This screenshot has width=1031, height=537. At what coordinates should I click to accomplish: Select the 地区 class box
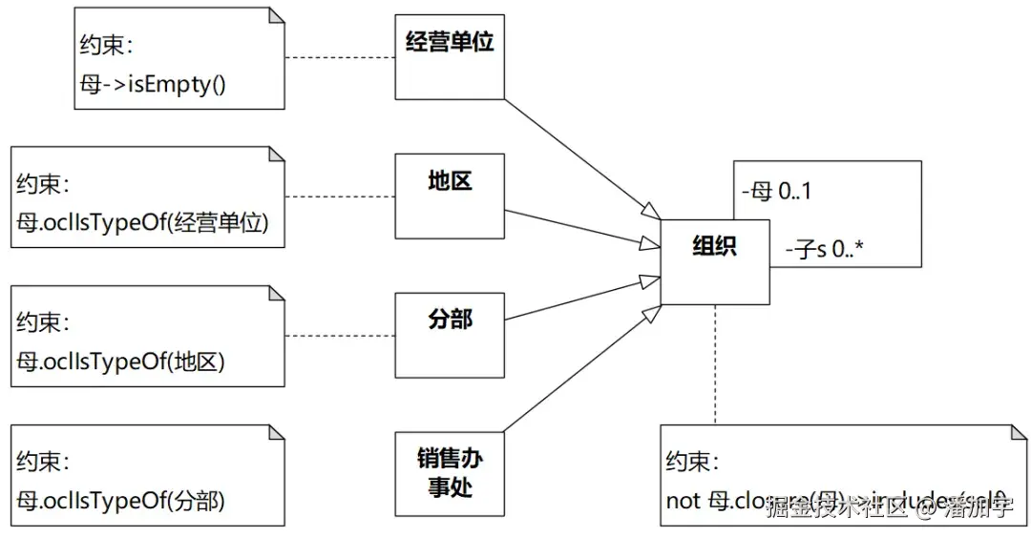(x=450, y=196)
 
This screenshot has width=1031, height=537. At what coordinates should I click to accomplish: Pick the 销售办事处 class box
(x=450, y=474)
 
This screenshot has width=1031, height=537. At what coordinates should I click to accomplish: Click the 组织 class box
(x=714, y=261)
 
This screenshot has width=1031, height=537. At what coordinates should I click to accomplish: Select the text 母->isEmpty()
(x=153, y=84)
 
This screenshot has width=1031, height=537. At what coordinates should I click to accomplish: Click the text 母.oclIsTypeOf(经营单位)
(x=143, y=222)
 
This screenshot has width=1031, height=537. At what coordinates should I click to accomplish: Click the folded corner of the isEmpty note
(x=276, y=15)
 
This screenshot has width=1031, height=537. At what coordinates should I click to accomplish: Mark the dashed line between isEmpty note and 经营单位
(x=340, y=57)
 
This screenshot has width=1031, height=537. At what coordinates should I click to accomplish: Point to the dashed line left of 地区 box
(x=340, y=196)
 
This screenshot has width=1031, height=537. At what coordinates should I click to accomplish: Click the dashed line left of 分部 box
(x=340, y=336)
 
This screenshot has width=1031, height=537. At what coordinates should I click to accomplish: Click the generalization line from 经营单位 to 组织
(x=582, y=158)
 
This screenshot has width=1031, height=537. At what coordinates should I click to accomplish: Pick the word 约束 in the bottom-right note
(x=688, y=463)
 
